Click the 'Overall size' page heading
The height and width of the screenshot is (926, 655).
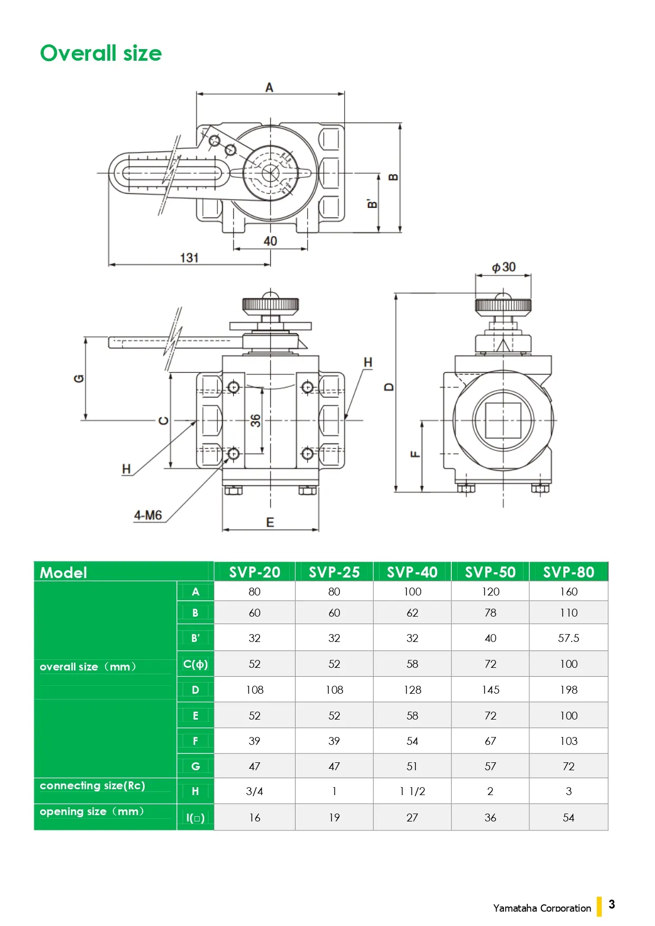click(101, 53)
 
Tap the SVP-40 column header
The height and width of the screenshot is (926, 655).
click(412, 572)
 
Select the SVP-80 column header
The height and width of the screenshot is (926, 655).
click(568, 572)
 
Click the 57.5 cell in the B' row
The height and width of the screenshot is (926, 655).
click(568, 638)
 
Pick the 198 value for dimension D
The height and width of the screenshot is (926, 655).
click(568, 689)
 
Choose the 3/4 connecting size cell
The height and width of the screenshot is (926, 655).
click(254, 791)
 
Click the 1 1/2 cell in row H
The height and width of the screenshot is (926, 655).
click(412, 791)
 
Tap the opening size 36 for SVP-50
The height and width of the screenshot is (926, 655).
click(490, 818)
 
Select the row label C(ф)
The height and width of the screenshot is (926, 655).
click(195, 664)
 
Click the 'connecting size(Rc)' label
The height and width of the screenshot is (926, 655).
click(92, 786)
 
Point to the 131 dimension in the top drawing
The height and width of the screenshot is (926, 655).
click(189, 258)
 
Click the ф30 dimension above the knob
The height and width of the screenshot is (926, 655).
click(504, 267)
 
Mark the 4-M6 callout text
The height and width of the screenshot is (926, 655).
click(148, 515)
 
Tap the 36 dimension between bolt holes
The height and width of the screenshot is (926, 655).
click(255, 420)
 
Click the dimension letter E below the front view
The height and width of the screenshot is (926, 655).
click(270, 522)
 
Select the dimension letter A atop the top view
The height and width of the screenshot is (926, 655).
click(269, 88)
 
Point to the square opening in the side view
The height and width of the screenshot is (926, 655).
click(503, 420)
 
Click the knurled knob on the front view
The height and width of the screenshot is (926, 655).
click(270, 305)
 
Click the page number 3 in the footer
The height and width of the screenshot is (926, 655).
click(612, 904)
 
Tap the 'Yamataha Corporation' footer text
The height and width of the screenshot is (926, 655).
click(542, 908)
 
